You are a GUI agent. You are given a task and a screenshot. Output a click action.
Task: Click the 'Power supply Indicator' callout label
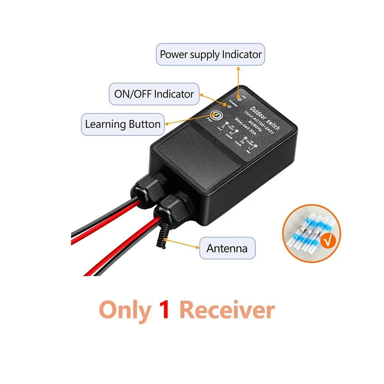pos(210,55)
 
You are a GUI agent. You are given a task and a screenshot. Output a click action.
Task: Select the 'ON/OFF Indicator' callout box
pos(154,94)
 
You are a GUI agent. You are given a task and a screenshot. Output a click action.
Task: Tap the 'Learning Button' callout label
pos(122,124)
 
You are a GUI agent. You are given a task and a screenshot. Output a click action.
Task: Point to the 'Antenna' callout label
pos(227,248)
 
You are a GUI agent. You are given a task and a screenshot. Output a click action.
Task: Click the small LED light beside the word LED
pos(240,99)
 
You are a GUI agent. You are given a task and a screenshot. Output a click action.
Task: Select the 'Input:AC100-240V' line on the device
pos(259,122)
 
